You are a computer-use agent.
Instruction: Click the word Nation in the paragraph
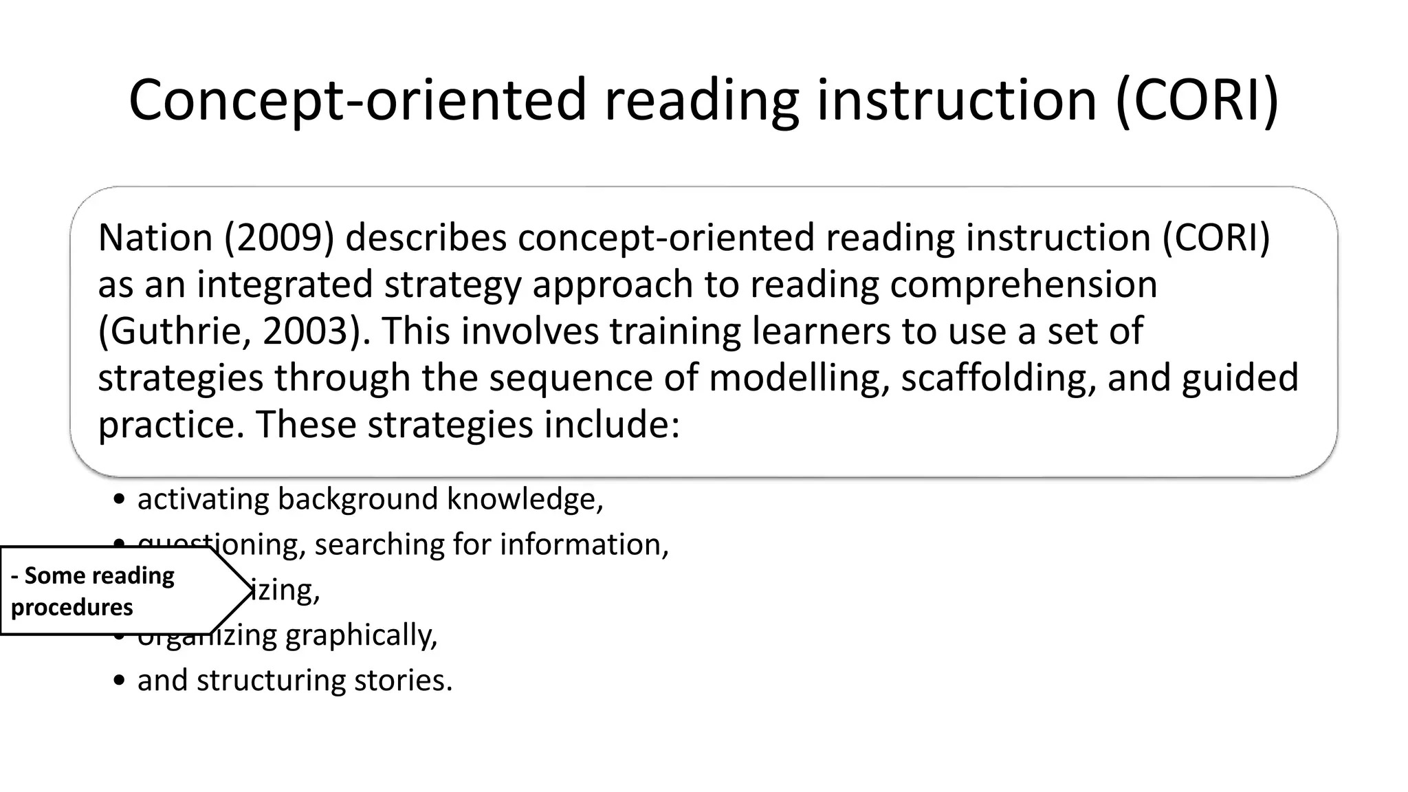155,238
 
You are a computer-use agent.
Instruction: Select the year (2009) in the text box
279,238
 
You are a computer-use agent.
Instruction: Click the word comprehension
1024,285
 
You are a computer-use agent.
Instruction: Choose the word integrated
285,285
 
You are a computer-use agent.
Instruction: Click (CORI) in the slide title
1197,100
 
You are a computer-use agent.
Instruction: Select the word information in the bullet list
584,544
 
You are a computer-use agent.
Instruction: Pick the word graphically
361,635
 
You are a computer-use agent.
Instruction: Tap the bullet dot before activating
120,500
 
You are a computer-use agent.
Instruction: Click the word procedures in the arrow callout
72,608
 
